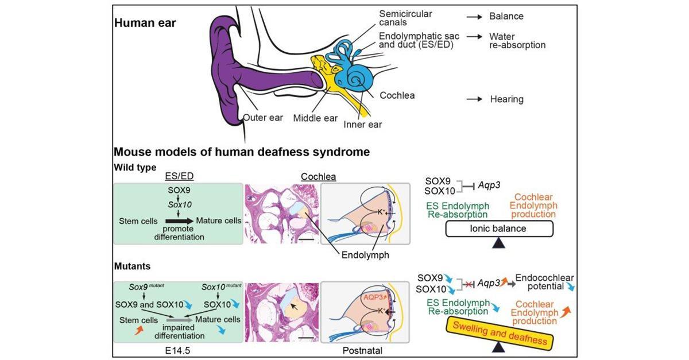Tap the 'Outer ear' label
tap(264, 118)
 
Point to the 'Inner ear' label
tap(363, 124)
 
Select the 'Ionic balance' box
tap(499, 229)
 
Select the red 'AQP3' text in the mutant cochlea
tap(357, 297)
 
